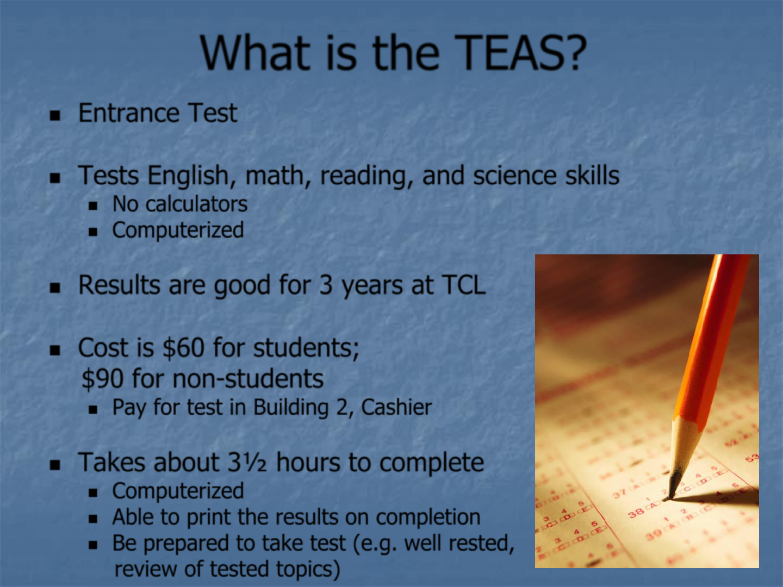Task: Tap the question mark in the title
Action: tap(574, 52)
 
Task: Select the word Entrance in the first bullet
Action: tap(129, 113)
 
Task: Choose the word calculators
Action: tap(196, 204)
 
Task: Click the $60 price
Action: tap(183, 348)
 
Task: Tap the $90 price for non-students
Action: tap(102, 379)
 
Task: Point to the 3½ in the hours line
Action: tap(247, 462)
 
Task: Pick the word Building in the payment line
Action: tap(291, 408)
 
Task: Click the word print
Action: tap(209, 517)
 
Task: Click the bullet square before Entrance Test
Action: tap(55, 115)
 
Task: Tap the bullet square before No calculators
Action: tap(93, 205)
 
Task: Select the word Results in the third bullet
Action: tap(119, 285)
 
